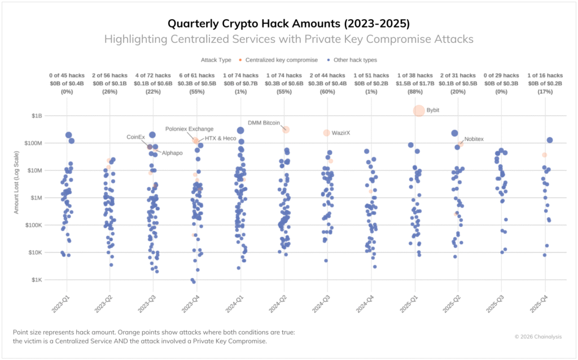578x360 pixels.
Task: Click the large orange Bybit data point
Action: tap(419, 111)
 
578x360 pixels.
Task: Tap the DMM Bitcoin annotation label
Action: tap(264, 122)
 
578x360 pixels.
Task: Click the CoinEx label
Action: tap(135, 137)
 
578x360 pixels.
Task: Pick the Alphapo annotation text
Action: tap(173, 153)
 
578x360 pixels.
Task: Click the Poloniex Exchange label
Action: tap(189, 129)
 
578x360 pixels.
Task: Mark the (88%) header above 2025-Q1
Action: tap(419, 91)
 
